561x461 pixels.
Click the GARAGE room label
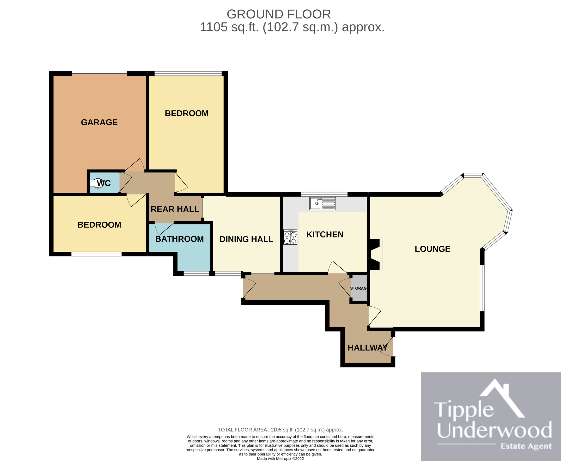click(99, 122)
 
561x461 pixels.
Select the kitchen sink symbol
click(323, 203)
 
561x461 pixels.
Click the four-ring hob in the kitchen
click(290, 237)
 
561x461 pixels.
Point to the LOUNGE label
click(433, 249)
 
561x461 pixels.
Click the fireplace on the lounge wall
click(376, 255)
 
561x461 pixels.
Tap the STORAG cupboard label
click(358, 288)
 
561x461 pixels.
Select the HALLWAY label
click(368, 348)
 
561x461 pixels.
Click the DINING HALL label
click(246, 239)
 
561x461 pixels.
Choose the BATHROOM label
click(179, 239)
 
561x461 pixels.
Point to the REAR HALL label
click(175, 209)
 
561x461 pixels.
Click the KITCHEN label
click(325, 235)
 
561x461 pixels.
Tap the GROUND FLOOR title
click(279, 14)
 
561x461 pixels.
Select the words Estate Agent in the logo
click(526, 446)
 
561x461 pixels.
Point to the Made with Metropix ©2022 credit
click(280, 458)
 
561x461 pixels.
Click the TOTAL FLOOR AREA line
click(280, 430)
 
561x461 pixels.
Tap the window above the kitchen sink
click(324, 194)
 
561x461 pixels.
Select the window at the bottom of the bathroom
click(196, 273)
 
